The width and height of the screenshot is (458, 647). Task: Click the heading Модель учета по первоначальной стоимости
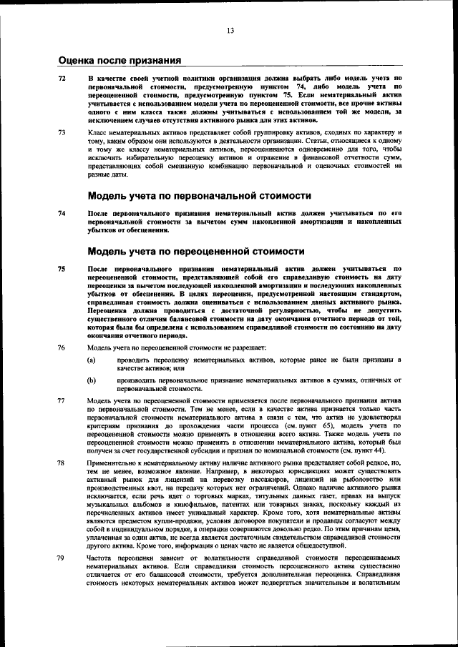189,195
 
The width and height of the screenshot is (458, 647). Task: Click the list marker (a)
92,360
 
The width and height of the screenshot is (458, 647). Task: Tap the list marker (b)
92,381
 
